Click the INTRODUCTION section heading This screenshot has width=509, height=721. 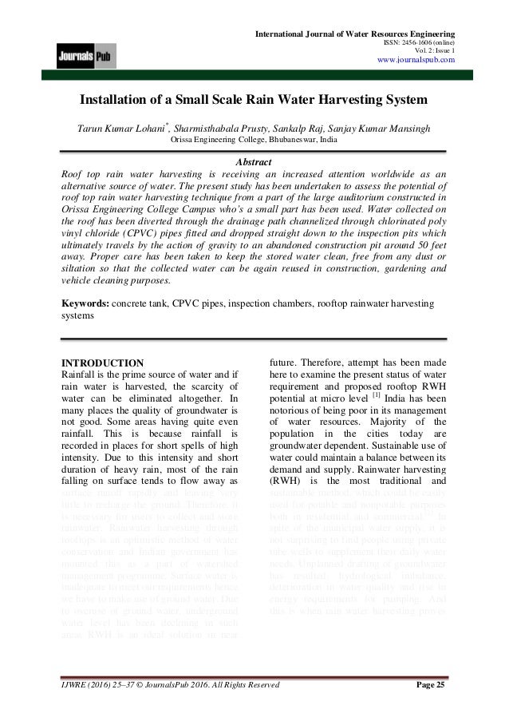pos(103,363)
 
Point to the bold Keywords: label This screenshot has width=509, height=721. pos(86,304)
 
